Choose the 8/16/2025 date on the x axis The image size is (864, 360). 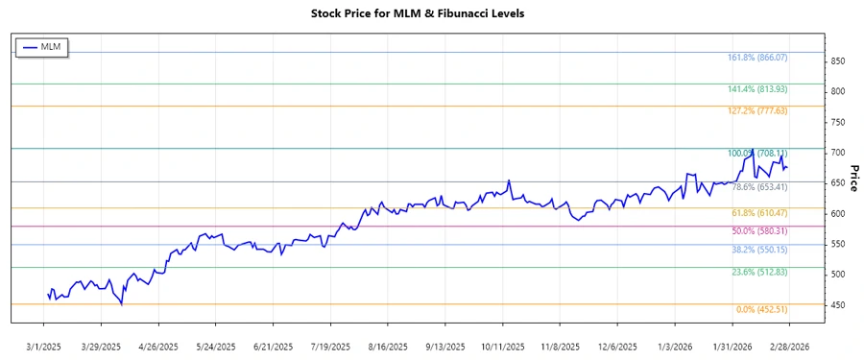tap(387, 346)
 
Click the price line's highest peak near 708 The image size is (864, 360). tap(753, 150)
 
